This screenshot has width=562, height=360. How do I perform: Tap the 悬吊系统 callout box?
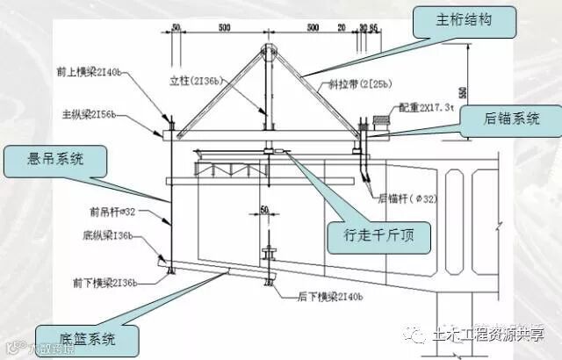coord(54,160)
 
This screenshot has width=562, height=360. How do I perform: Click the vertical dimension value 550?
coord(463,91)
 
